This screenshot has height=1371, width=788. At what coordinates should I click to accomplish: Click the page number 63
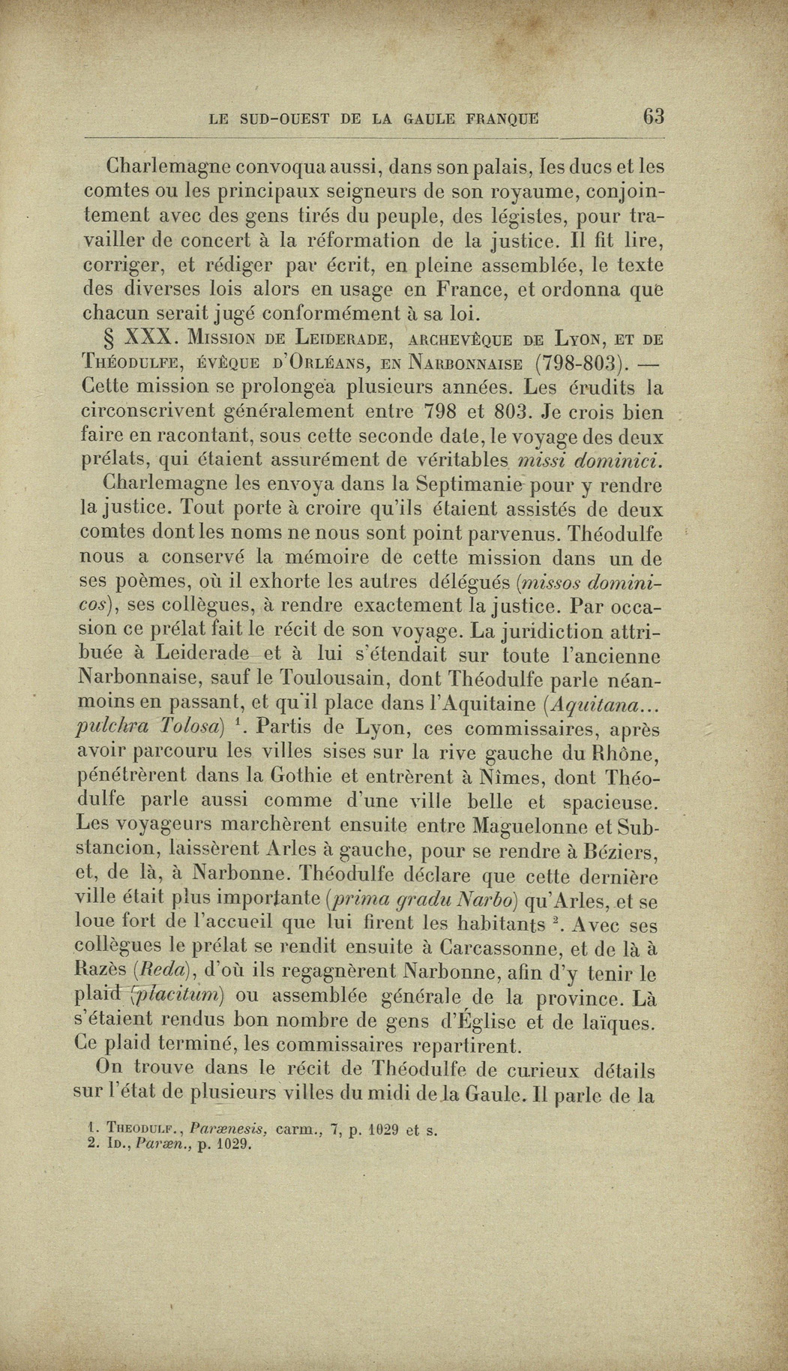(653, 116)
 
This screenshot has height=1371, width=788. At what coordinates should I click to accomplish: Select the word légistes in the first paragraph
(488, 216)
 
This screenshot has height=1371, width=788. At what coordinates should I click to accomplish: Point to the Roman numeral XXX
(154, 337)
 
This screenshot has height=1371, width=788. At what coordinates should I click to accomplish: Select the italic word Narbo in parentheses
(492, 899)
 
